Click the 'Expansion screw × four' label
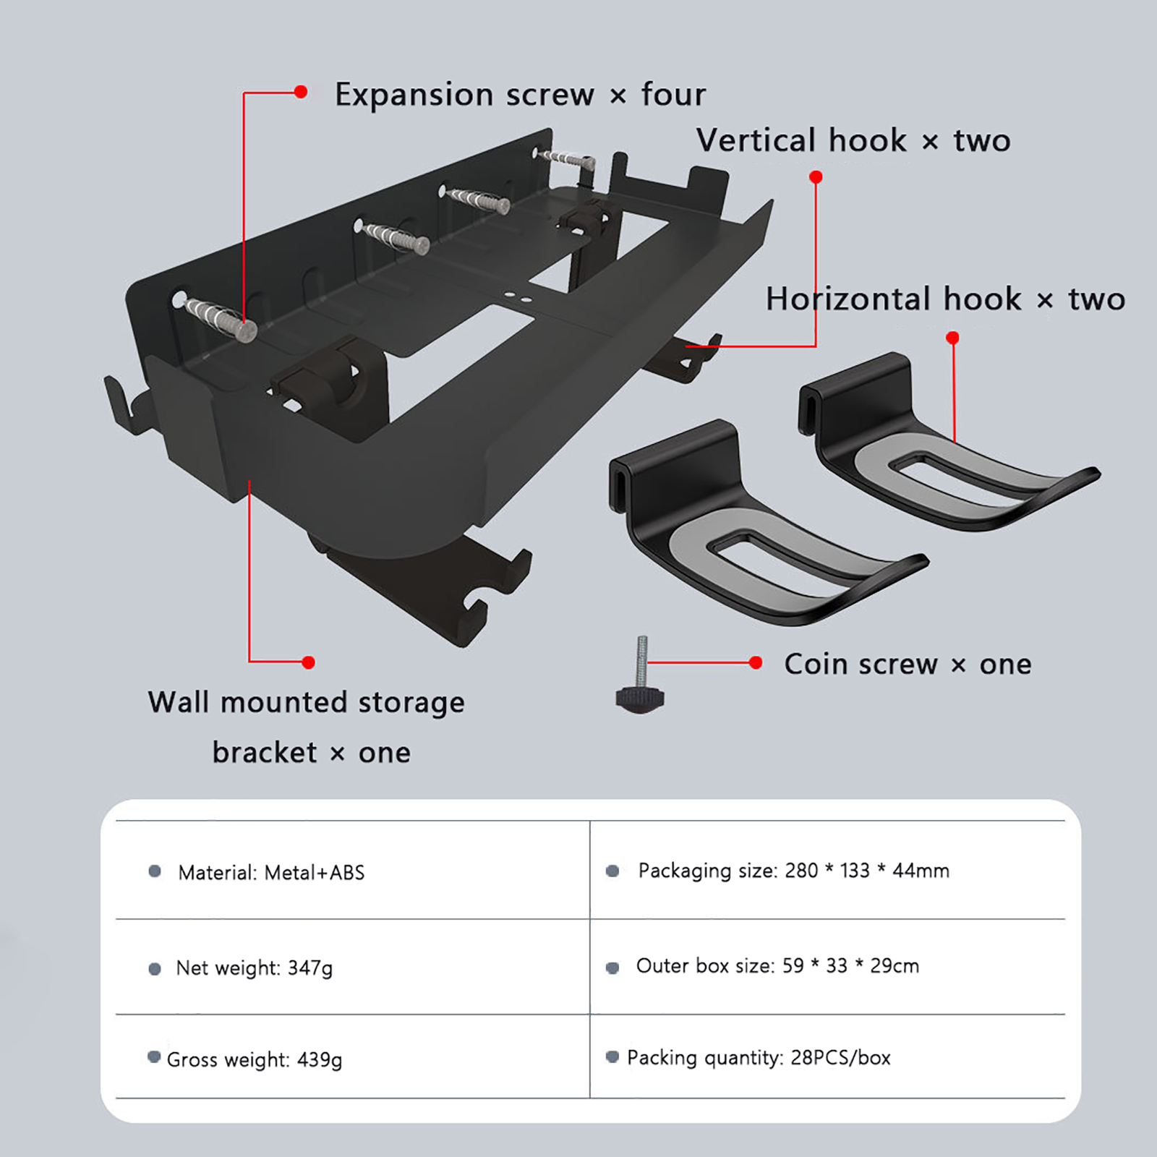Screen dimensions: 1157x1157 click(x=520, y=95)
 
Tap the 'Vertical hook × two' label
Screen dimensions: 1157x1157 click(x=853, y=140)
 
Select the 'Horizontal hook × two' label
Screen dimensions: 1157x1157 click(x=945, y=299)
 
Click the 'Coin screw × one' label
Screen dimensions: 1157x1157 click(x=908, y=664)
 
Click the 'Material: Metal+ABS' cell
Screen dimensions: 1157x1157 click(x=271, y=873)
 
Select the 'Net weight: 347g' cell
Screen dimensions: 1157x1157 click(x=254, y=968)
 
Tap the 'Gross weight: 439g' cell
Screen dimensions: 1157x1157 click(x=254, y=1059)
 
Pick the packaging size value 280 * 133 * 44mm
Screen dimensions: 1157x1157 click(x=867, y=871)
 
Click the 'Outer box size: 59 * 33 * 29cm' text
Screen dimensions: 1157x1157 click(x=777, y=966)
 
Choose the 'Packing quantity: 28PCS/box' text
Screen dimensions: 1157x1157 click(x=759, y=1058)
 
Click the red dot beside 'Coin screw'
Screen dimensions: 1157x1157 click(x=756, y=662)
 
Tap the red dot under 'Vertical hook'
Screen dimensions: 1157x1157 click(x=816, y=177)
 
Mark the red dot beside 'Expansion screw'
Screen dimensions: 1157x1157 click(x=301, y=92)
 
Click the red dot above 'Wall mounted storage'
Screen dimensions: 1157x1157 click(x=308, y=662)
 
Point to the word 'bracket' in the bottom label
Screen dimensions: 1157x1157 click(x=265, y=753)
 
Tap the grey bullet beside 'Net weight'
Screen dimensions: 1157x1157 click(x=155, y=969)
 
